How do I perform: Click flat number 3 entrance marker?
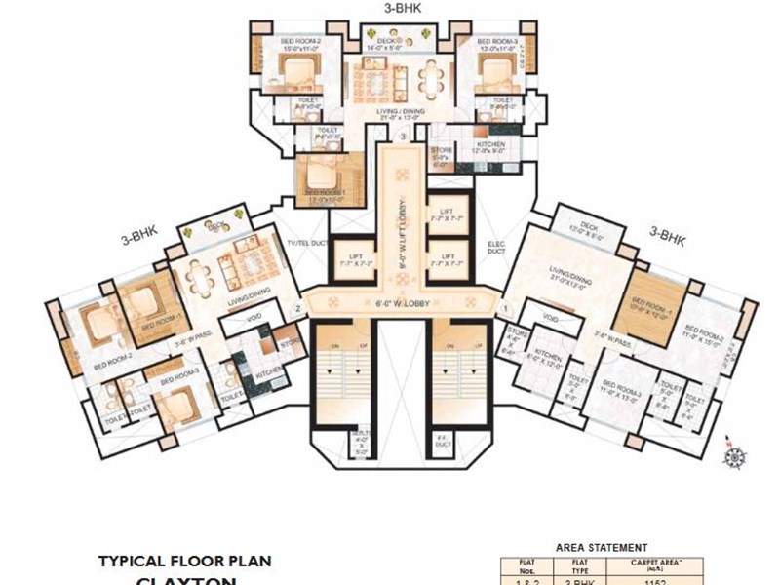tap(402, 137)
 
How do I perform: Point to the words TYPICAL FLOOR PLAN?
tap(184, 561)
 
